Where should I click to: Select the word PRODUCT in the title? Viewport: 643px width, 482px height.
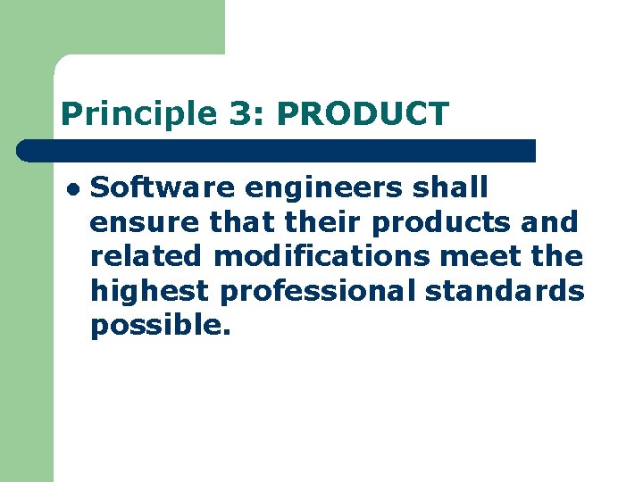click(x=363, y=114)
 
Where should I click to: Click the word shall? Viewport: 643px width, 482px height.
click(x=459, y=187)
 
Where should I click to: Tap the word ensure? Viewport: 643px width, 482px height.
click(x=145, y=222)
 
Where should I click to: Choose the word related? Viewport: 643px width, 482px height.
click(x=146, y=257)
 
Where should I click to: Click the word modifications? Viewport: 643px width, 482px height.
click(x=322, y=257)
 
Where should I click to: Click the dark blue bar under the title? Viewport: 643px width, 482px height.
click(x=277, y=150)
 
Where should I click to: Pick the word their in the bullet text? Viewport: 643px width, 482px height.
click(x=329, y=222)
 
